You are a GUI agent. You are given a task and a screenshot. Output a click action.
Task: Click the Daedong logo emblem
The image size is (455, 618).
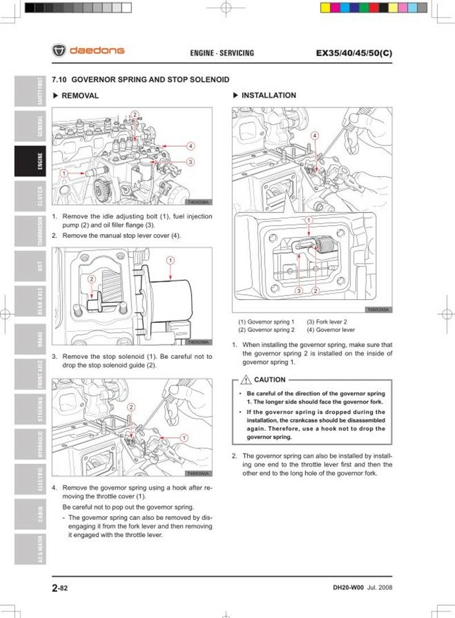(x=59, y=51)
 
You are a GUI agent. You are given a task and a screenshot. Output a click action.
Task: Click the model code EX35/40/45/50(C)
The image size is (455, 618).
(x=354, y=53)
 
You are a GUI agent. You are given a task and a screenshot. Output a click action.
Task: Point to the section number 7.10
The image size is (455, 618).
(x=59, y=80)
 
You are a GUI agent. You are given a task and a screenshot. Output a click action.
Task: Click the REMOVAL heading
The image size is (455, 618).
(x=80, y=96)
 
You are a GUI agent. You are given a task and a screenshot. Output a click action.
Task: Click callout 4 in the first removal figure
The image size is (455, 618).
(x=191, y=146)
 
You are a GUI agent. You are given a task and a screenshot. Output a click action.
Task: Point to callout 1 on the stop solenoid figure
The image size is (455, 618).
(x=170, y=260)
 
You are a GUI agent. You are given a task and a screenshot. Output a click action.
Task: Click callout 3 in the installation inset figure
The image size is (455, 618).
(x=298, y=290)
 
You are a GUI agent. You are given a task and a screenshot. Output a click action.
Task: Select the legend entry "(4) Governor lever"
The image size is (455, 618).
(x=331, y=330)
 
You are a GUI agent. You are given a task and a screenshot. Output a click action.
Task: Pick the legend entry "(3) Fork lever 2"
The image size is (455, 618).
(x=327, y=322)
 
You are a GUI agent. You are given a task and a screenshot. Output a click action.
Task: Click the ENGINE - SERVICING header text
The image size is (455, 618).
(x=222, y=53)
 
